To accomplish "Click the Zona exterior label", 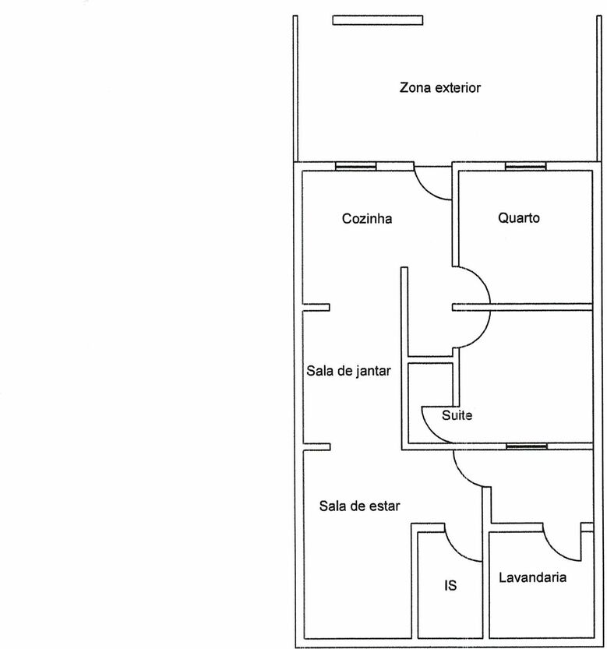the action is [x=439, y=88].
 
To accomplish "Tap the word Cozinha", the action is [x=367, y=218].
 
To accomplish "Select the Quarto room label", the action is [x=519, y=217].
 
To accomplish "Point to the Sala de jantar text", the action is [x=348, y=371].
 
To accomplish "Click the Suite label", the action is [x=457, y=415].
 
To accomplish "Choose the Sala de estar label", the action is [x=359, y=506].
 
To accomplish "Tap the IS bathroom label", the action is [x=450, y=585].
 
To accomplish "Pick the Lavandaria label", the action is [x=532, y=577].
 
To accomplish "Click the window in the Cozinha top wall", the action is [x=355, y=167].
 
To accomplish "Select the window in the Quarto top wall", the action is [x=526, y=167].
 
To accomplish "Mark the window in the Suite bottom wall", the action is [x=527, y=446].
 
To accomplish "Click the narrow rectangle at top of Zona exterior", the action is [x=378, y=20].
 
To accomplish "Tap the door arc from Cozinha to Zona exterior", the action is [x=425, y=190].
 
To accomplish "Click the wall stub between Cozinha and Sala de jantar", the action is [x=316, y=307].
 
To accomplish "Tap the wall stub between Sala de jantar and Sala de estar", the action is [x=316, y=447].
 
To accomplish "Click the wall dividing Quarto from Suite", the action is [x=523, y=307].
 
